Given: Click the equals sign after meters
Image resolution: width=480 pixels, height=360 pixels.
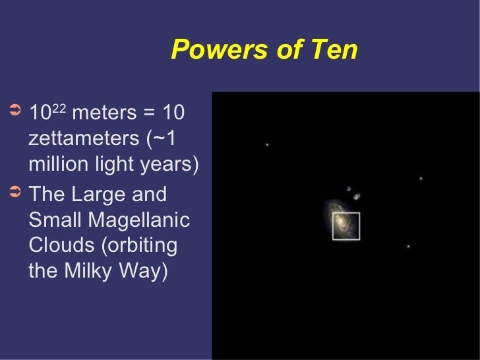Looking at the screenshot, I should click(148, 113).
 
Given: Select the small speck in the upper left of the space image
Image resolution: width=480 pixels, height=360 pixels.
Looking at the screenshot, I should click(267, 144).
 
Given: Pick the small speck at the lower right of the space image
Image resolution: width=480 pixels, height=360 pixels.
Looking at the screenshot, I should click(408, 247).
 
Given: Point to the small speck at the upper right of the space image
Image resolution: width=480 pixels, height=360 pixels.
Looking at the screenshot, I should click(421, 178).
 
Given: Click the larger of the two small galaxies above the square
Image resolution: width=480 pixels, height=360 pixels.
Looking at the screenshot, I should click(357, 196).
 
